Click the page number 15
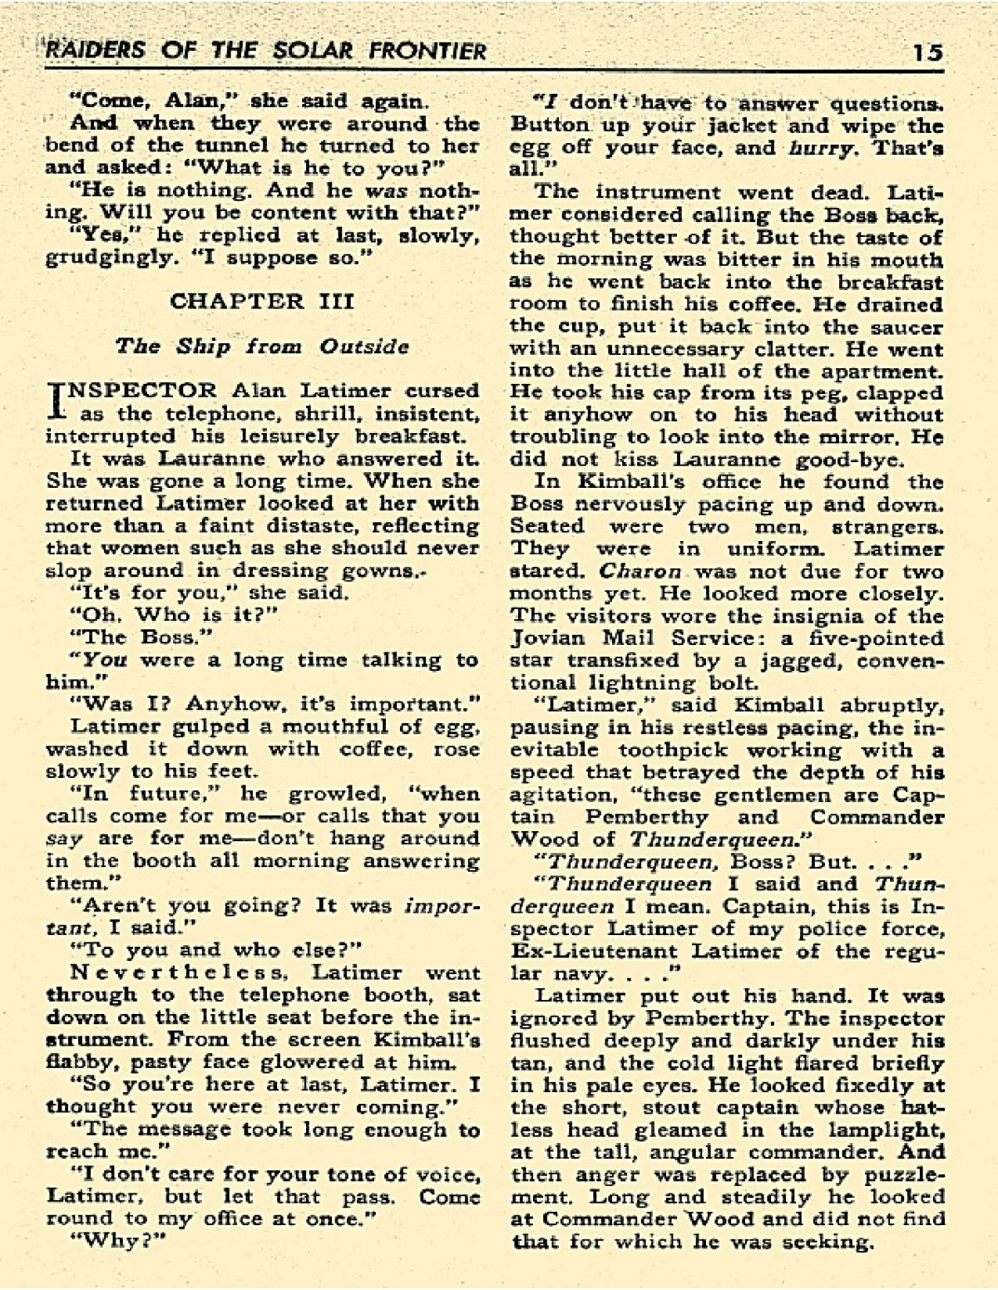click(x=926, y=52)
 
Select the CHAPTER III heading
click(x=262, y=301)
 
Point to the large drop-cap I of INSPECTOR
click(x=57, y=400)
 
